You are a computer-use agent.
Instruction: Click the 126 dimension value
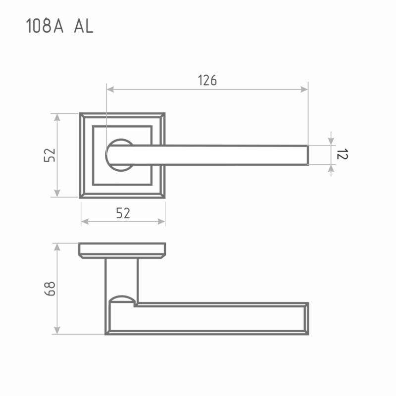point(207,80)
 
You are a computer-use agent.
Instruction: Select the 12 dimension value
point(342,154)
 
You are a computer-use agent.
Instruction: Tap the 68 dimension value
point(50,289)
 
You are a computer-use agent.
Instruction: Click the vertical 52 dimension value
point(49,155)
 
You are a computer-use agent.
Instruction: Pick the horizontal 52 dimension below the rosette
point(123,213)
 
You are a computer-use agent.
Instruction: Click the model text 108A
point(45,26)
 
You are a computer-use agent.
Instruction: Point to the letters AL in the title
point(84,26)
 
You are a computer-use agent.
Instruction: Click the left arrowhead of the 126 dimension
point(110,89)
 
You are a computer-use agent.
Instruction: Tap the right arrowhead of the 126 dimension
point(304,89)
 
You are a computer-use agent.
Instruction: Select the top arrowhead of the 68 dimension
point(57,247)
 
